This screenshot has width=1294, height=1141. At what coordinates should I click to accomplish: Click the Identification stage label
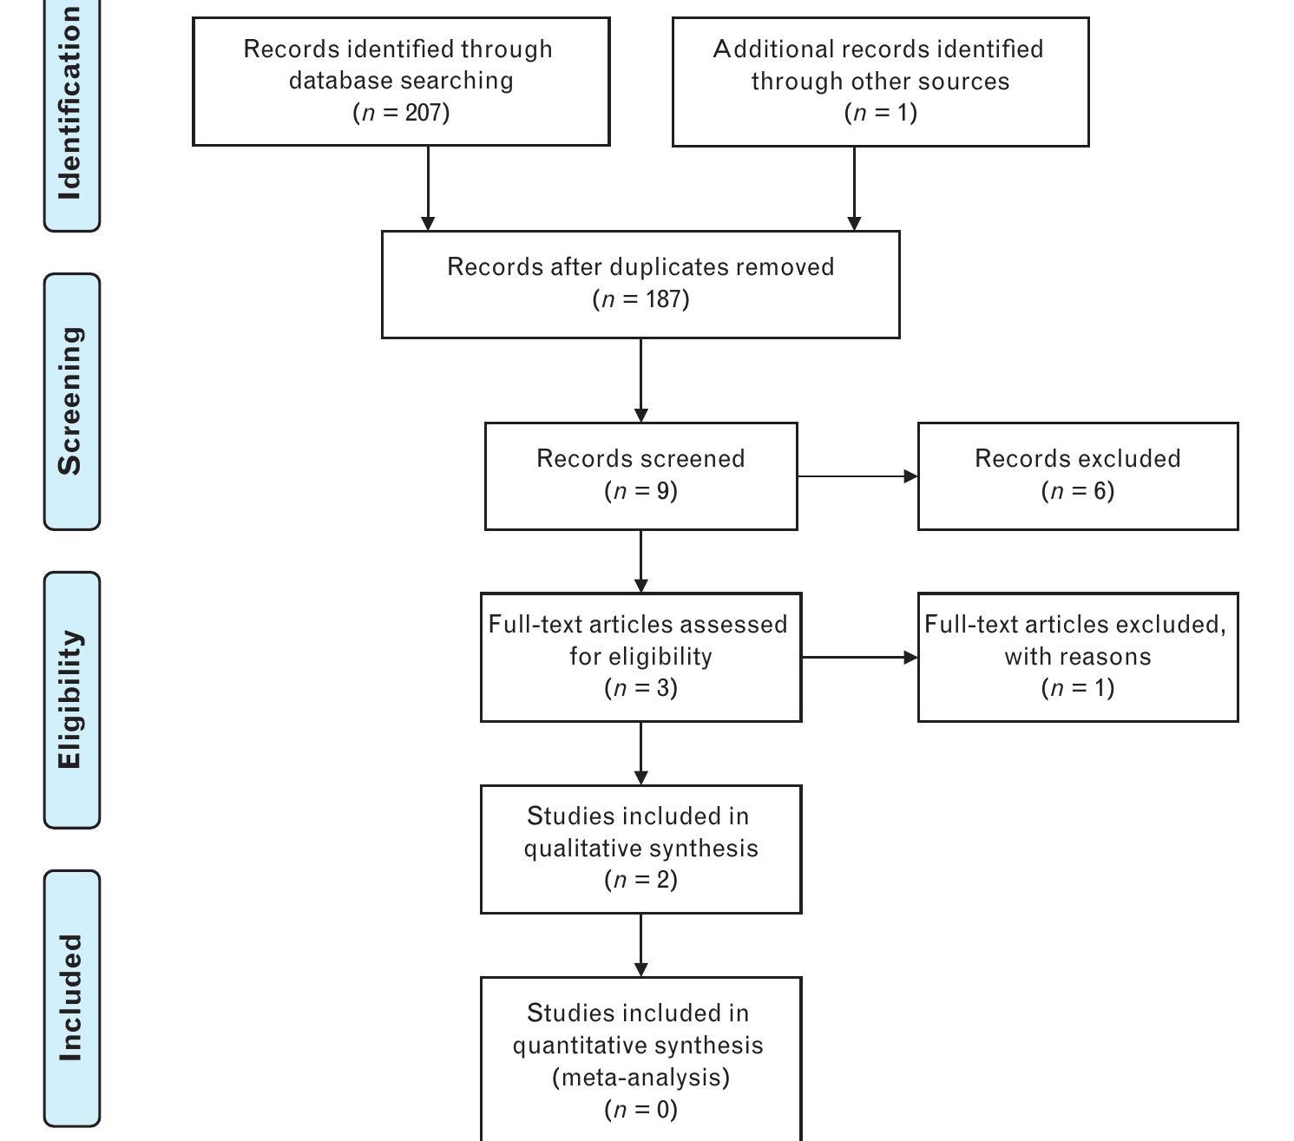pos(71,104)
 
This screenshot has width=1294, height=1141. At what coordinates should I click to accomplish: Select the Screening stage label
pos(71,401)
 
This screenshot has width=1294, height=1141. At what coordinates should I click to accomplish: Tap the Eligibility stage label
pos(71,699)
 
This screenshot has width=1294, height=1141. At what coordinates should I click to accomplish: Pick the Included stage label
pos(71,998)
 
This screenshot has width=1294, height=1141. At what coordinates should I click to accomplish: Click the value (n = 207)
pos(401,113)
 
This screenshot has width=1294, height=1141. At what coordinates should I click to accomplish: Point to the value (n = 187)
pos(640,299)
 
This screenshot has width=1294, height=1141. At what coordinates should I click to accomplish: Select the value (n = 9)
pos(640,491)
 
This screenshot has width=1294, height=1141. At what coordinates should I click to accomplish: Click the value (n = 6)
pos(1077,491)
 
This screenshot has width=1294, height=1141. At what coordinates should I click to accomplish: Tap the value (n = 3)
pos(640,688)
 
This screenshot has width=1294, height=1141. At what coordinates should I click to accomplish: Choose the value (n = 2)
pos(640,880)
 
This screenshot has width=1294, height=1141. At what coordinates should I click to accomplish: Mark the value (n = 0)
pos(640,1109)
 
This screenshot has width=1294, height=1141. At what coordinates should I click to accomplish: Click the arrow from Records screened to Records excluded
pos(857,476)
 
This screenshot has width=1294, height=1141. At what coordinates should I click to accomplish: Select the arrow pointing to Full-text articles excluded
pos(859,658)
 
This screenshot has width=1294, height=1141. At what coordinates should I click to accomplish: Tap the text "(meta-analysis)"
pos(640,1077)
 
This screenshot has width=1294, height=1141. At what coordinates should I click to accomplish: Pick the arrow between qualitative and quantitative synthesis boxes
pos(640,945)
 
